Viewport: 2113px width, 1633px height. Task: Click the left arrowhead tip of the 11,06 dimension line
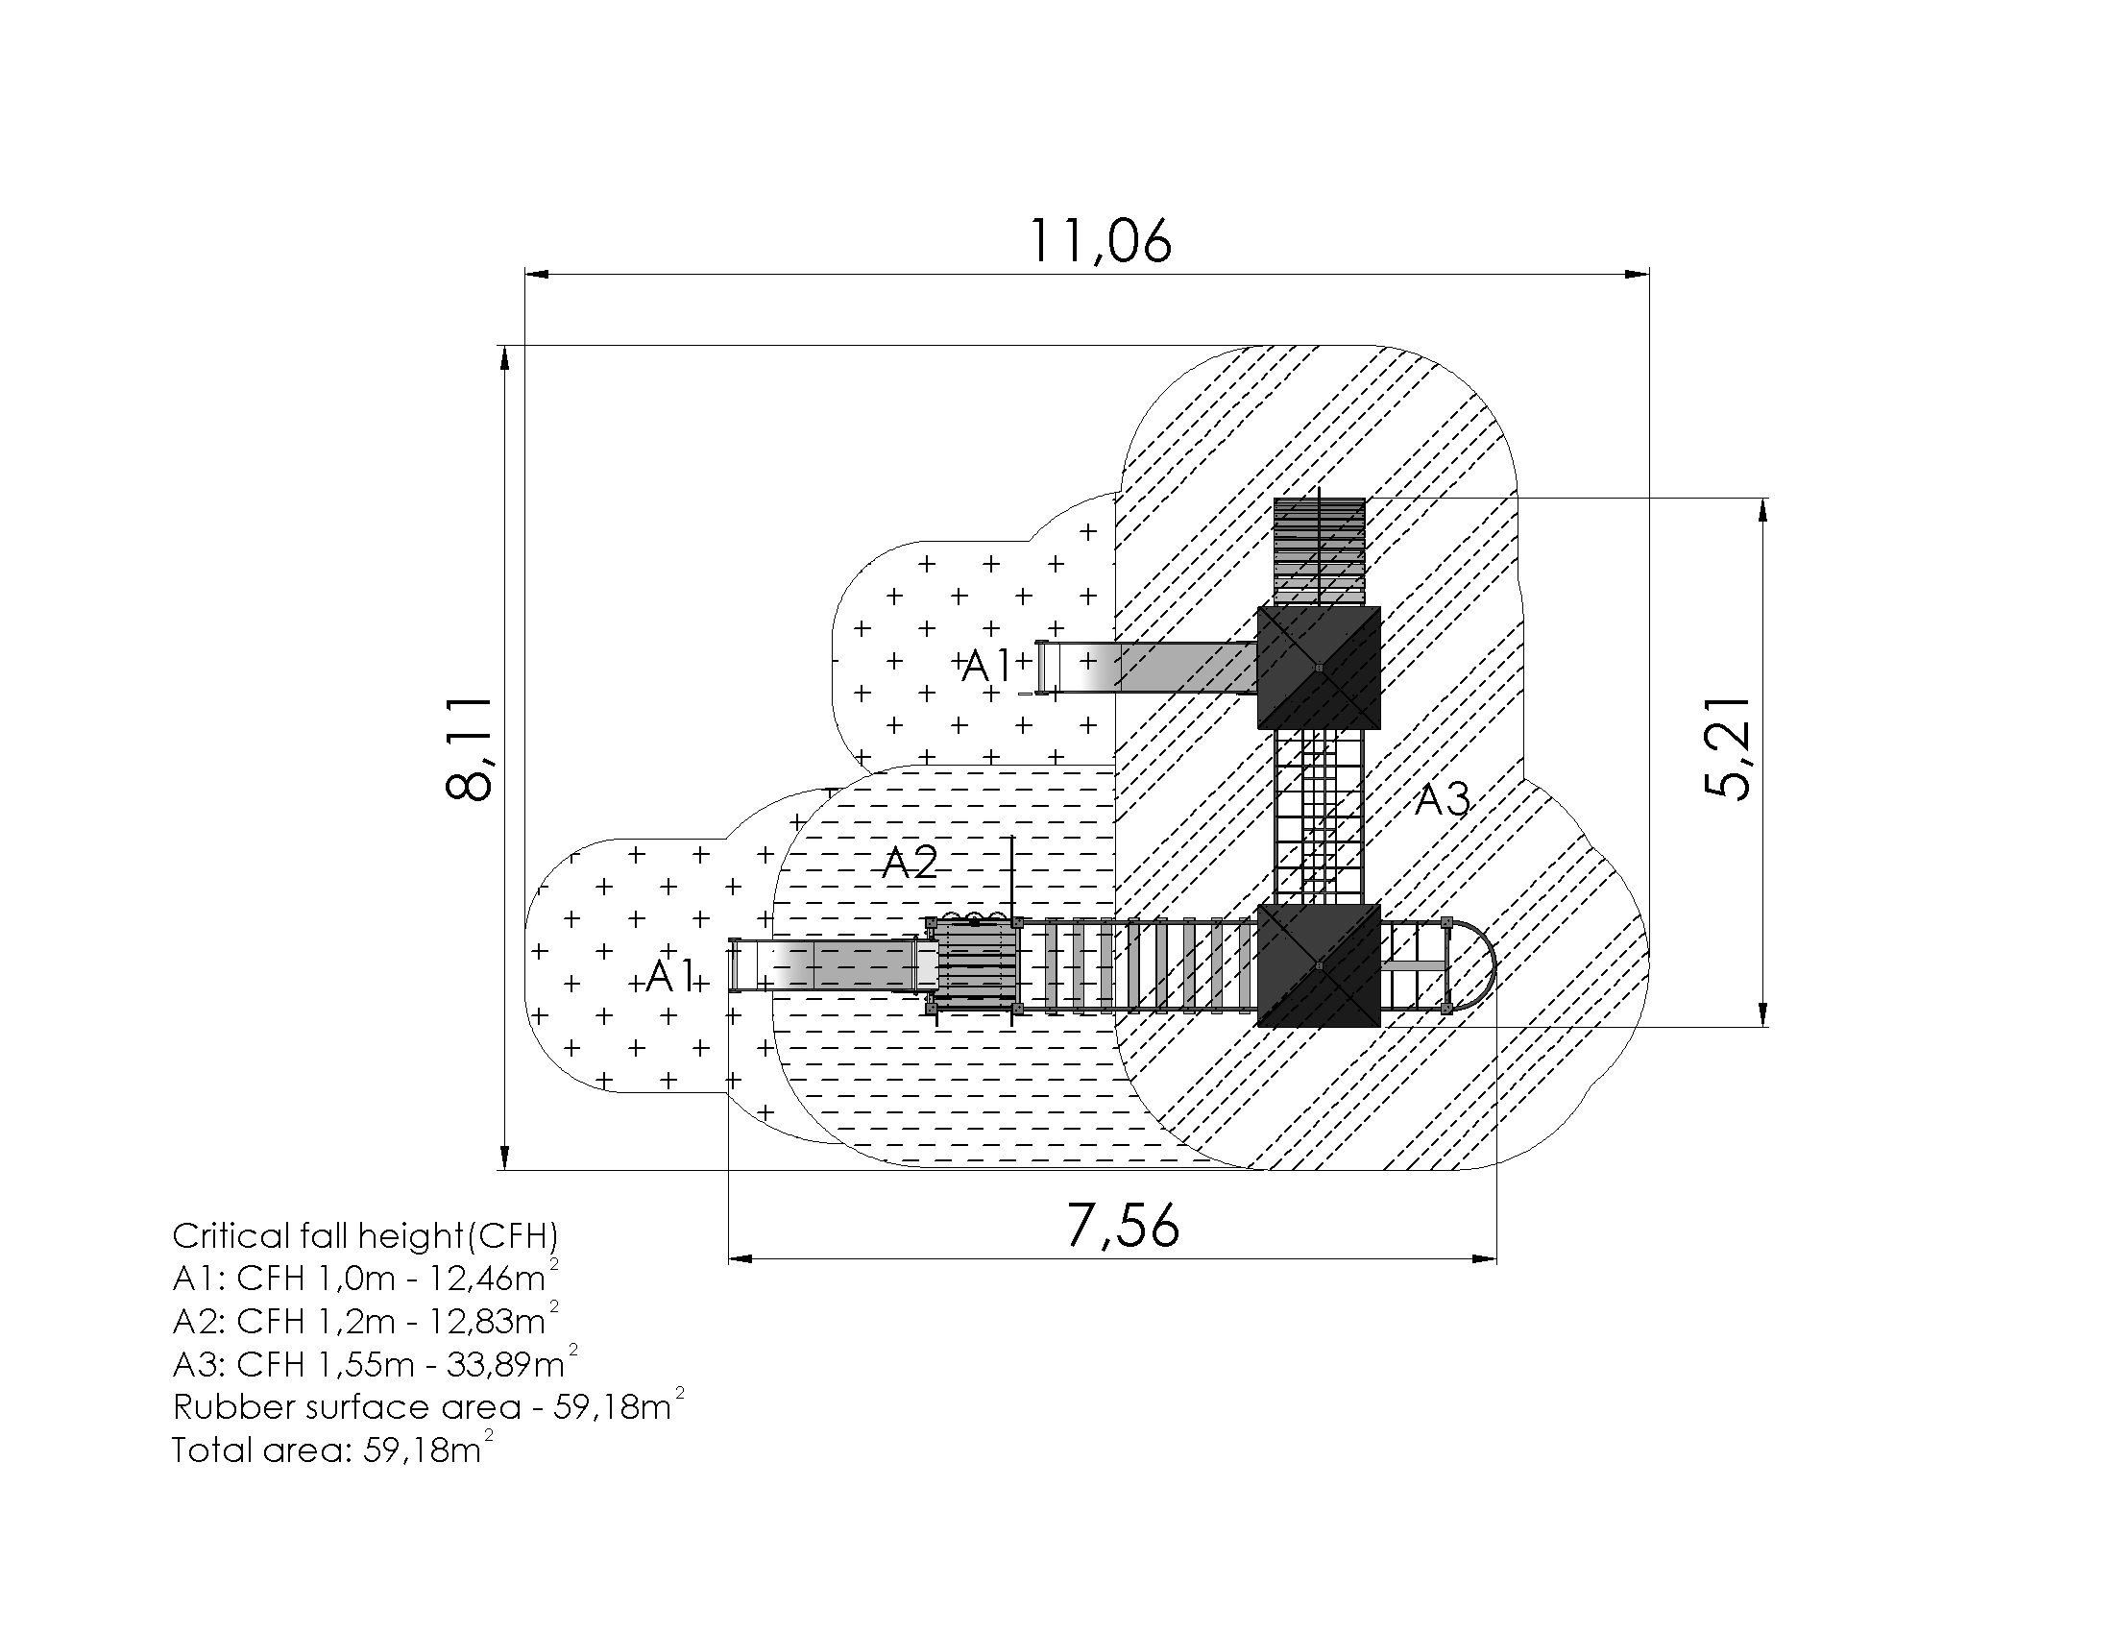click(x=525, y=274)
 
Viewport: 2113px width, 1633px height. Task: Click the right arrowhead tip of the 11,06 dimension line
click(x=1649, y=274)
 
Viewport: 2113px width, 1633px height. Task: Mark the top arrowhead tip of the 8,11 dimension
click(x=504, y=347)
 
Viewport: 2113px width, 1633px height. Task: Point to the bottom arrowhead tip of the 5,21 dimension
click(x=1763, y=1026)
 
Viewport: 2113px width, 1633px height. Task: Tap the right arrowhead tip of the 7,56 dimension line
click(x=1496, y=1258)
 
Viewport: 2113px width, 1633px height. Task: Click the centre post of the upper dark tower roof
click(x=1319, y=667)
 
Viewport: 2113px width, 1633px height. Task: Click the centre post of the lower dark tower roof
click(x=1319, y=964)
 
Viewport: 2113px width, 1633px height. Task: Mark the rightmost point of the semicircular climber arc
click(x=1495, y=965)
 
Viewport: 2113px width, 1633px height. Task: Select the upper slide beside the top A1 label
click(x=1147, y=668)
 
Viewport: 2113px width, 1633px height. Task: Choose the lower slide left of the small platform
click(x=833, y=964)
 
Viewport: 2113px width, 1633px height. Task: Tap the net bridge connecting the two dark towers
click(x=1319, y=816)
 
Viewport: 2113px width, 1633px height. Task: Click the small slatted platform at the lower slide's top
click(x=974, y=965)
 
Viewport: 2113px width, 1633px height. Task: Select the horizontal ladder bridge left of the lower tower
click(x=1139, y=965)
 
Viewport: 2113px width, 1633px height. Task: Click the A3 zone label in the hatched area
click(x=1443, y=799)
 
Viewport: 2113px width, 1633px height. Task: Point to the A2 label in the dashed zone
click(x=910, y=862)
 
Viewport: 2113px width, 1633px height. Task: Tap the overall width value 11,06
click(x=1100, y=241)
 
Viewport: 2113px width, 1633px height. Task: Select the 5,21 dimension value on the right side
click(x=1728, y=747)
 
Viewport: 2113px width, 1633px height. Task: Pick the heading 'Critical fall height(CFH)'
click(x=366, y=1235)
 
